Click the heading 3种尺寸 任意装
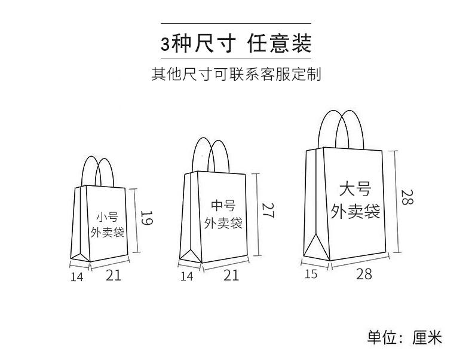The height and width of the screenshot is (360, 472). (x=236, y=44)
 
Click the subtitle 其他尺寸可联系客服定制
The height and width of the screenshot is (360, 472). (x=236, y=75)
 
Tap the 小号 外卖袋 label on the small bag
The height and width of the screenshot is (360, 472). (x=107, y=224)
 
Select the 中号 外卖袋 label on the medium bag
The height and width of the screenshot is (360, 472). (x=223, y=214)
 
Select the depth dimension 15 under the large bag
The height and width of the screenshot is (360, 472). (x=311, y=274)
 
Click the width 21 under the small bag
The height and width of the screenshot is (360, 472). (x=114, y=275)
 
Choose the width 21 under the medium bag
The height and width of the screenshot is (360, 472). (x=231, y=275)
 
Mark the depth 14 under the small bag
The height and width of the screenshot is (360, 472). (x=76, y=276)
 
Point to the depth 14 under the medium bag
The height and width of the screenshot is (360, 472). (x=186, y=276)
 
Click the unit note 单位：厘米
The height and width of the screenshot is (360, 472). (x=404, y=337)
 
